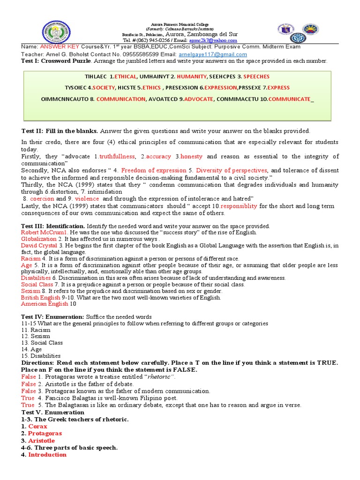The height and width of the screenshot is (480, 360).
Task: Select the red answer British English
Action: (x=41, y=298)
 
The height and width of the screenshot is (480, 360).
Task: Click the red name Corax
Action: (x=37, y=427)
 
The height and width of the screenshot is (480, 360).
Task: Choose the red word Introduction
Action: (x=47, y=455)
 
